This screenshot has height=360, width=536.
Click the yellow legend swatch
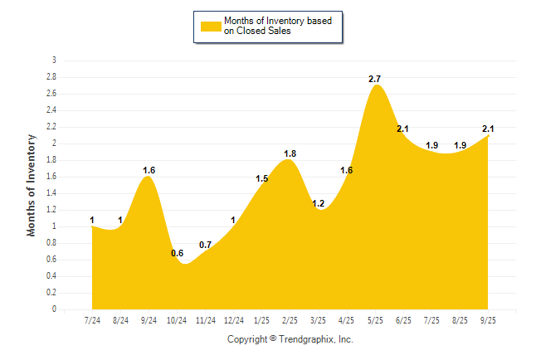click(x=211, y=26)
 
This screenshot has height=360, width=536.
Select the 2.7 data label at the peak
click(x=375, y=79)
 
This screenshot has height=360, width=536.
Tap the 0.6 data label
click(x=178, y=253)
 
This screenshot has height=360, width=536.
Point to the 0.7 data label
click(x=206, y=245)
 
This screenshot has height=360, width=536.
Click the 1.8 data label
click(x=290, y=153)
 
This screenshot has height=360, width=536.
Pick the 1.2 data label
click(x=319, y=203)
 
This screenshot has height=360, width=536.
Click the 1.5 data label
click(x=261, y=178)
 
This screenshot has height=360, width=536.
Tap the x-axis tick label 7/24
click(x=93, y=320)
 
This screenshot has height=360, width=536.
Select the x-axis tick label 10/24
click(x=178, y=320)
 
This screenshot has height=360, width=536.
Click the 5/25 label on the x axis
click(x=375, y=320)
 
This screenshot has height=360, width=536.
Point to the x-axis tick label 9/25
click(x=488, y=320)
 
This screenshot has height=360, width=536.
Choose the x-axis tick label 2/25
click(x=290, y=320)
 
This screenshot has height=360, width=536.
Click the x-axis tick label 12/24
click(x=234, y=320)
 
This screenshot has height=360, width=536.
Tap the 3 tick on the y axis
click(x=54, y=61)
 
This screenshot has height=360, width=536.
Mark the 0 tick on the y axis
click(x=54, y=309)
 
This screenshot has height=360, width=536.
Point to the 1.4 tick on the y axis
click(x=51, y=193)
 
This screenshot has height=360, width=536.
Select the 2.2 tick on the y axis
click(x=51, y=127)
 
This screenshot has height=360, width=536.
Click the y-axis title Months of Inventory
click(x=32, y=185)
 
